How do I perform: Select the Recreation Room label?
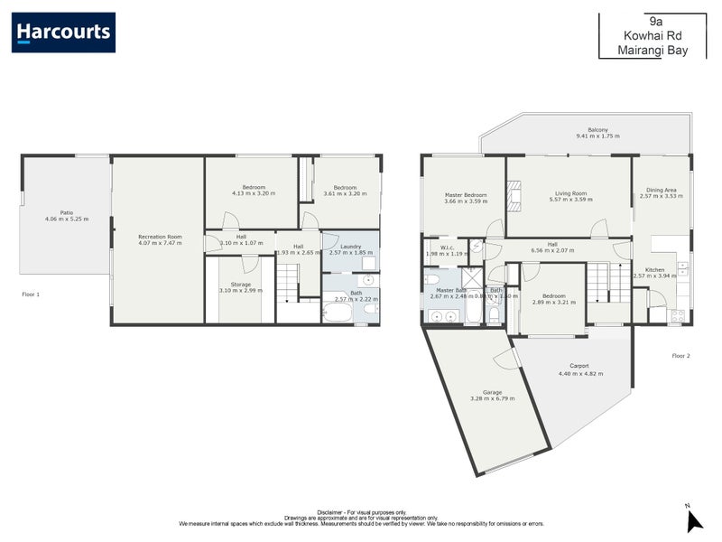coord(161,237)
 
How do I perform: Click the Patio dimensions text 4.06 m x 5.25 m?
coord(66,219)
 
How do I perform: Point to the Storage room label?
coord(240,285)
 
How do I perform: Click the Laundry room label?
coord(350,247)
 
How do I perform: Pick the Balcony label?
coord(597,129)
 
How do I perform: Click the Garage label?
coord(492,392)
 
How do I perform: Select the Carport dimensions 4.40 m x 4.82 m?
coord(580,373)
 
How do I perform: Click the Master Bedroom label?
coord(465,195)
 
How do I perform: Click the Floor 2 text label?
coord(680,356)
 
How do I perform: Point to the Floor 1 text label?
coord(31,294)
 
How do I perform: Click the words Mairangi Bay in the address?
coord(653,51)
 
